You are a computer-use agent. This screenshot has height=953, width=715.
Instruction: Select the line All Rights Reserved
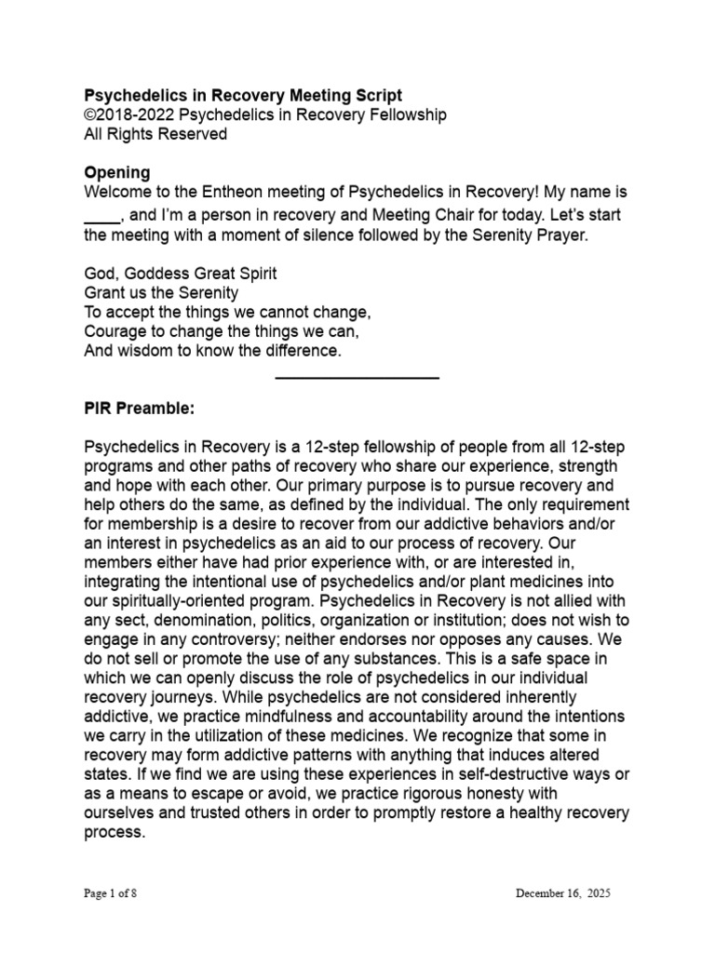pyautogui.click(x=155, y=134)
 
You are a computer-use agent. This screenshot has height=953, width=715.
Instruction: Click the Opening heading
pyautogui.click(x=116, y=173)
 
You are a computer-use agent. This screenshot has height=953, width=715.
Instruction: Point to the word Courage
pyautogui.click(x=115, y=331)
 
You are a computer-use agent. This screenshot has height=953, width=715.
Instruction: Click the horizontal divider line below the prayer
pyautogui.click(x=357, y=378)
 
